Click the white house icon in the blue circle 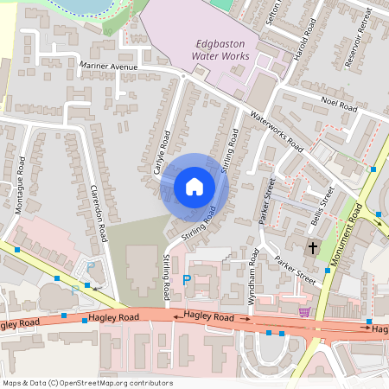click(194, 187)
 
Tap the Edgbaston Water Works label click(220, 50)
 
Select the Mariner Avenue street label click(108, 67)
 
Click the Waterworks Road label click(276, 131)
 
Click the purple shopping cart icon click(303, 312)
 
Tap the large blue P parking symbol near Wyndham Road click(187, 280)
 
